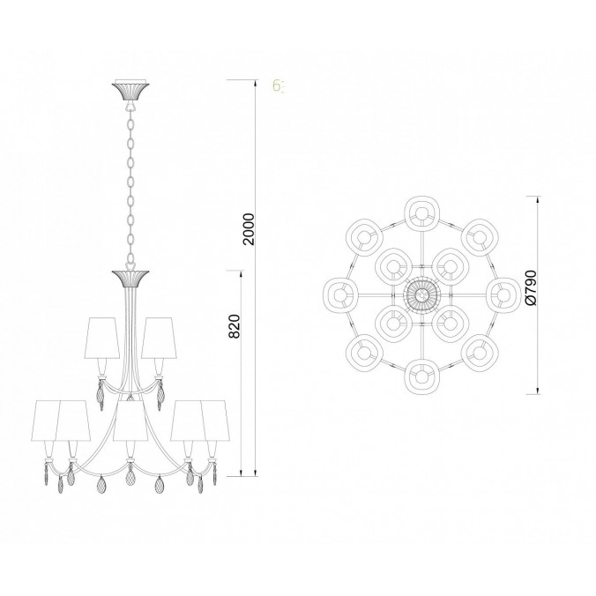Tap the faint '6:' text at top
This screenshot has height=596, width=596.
pyautogui.click(x=278, y=86)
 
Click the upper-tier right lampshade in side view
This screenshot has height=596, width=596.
pyautogui.click(x=159, y=337)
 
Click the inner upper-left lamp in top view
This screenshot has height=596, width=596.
pyautogui.click(x=391, y=263)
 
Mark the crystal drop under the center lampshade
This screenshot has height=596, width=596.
pyautogui.click(x=130, y=483)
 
